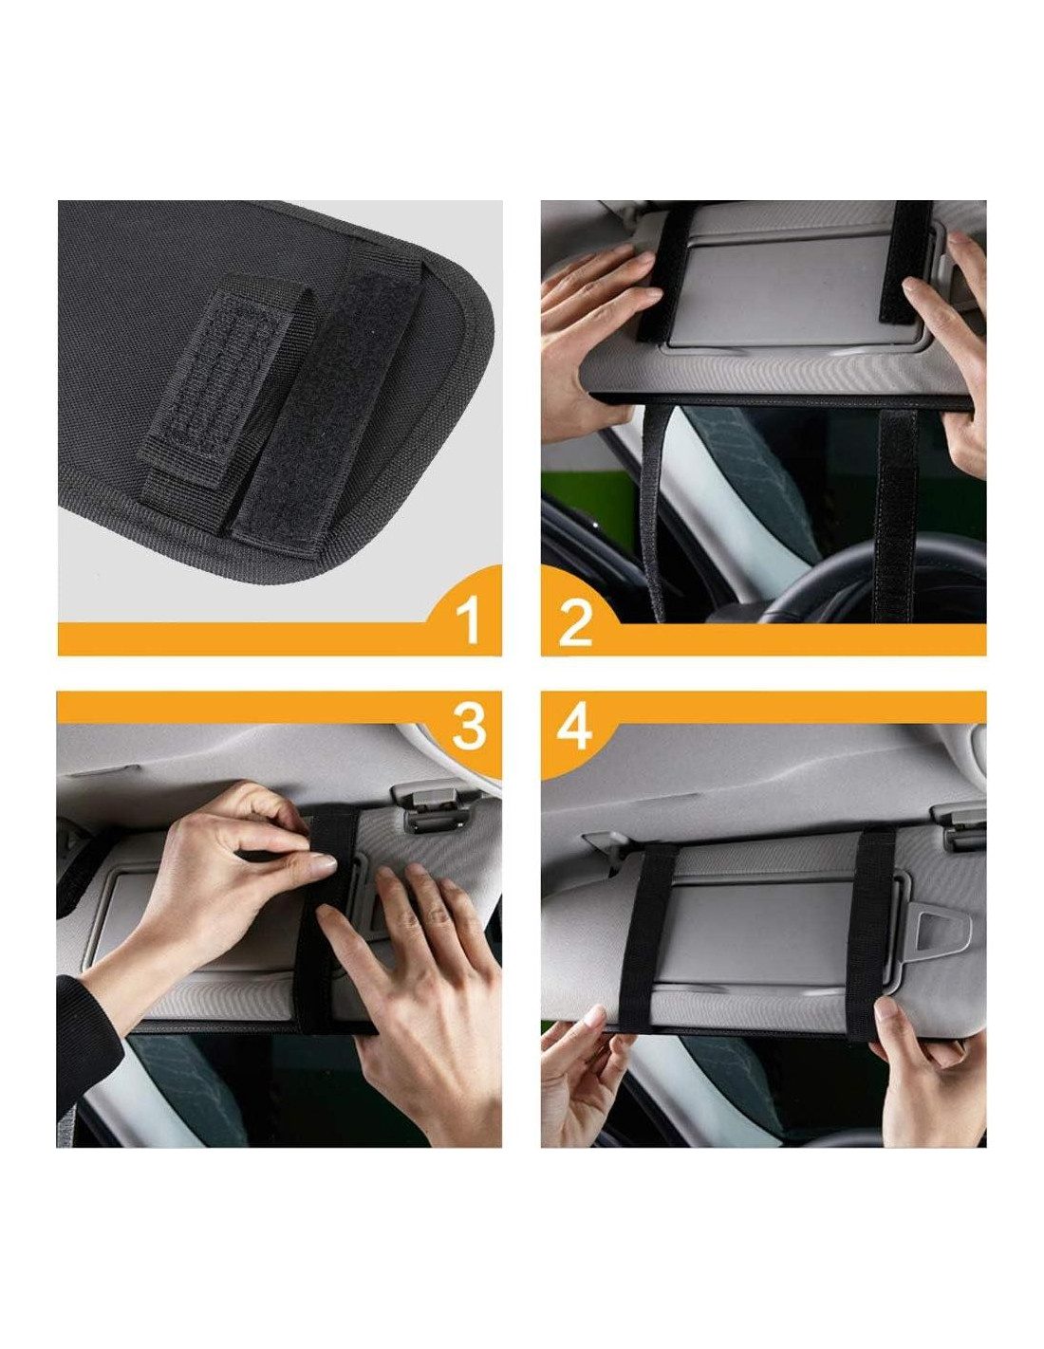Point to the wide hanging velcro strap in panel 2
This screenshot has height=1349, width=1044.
[x=896, y=515]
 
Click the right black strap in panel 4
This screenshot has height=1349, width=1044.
[x=868, y=933]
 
